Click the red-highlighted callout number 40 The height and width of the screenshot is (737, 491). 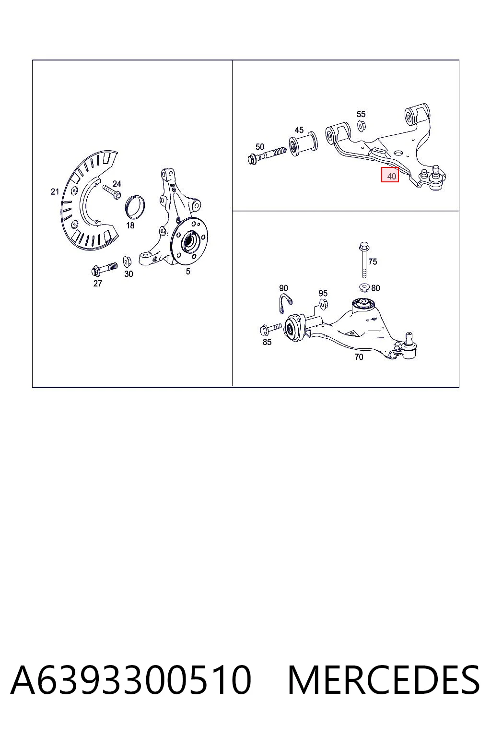(390, 175)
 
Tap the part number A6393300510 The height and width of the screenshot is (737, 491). (131, 680)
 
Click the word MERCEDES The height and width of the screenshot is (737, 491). (384, 680)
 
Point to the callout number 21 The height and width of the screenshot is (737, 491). (55, 191)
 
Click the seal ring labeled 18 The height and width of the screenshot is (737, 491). (135, 207)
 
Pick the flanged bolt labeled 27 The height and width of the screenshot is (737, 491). (104, 269)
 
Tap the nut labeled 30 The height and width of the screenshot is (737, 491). (127, 261)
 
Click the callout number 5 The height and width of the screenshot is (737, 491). (188, 272)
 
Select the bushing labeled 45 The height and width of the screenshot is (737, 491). (303, 144)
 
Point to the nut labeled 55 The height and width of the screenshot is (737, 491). (361, 126)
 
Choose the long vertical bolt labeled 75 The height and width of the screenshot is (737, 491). (364, 260)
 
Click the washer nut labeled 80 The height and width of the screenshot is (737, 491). (364, 287)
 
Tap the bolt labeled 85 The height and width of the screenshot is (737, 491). (270, 328)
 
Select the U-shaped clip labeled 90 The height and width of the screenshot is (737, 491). (284, 303)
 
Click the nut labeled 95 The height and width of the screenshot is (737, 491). (323, 304)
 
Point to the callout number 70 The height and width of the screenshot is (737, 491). (359, 357)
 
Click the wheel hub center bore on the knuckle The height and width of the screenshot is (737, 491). (189, 241)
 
